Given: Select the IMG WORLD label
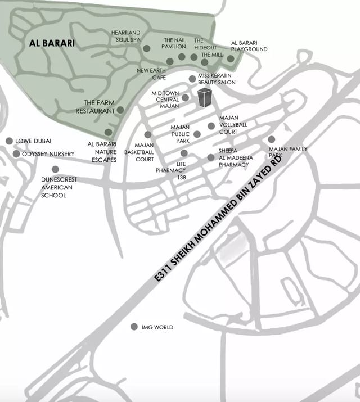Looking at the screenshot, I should pyautogui.click(x=157, y=327).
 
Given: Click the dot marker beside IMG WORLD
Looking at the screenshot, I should pyautogui.click(x=134, y=327).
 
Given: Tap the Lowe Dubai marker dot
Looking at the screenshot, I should pyautogui.click(x=9, y=141).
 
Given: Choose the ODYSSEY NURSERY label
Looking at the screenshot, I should pyautogui.click(x=48, y=154).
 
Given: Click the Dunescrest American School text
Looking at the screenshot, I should pyautogui.click(x=59, y=188).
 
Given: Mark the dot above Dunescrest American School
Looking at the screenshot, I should pyautogui.click(x=55, y=169).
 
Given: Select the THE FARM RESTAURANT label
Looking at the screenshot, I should pyautogui.click(x=95, y=107).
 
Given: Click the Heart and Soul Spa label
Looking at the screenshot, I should pyautogui.click(x=125, y=37).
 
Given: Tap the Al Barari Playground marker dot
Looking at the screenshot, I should pyautogui.click(x=231, y=58).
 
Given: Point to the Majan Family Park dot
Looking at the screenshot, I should pyautogui.click(x=272, y=139).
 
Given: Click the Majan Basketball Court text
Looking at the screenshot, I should pyautogui.click(x=139, y=152).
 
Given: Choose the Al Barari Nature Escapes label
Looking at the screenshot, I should pyautogui.click(x=102, y=152).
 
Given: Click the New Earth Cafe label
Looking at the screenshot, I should pyautogui.click(x=151, y=74).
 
